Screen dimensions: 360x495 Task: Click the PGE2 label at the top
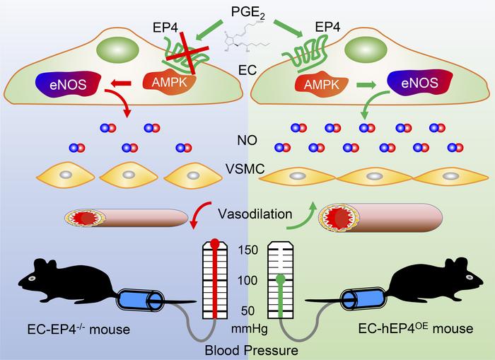point(248,13)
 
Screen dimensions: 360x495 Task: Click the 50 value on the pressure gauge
point(248,310)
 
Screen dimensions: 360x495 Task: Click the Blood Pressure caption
point(247,349)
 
